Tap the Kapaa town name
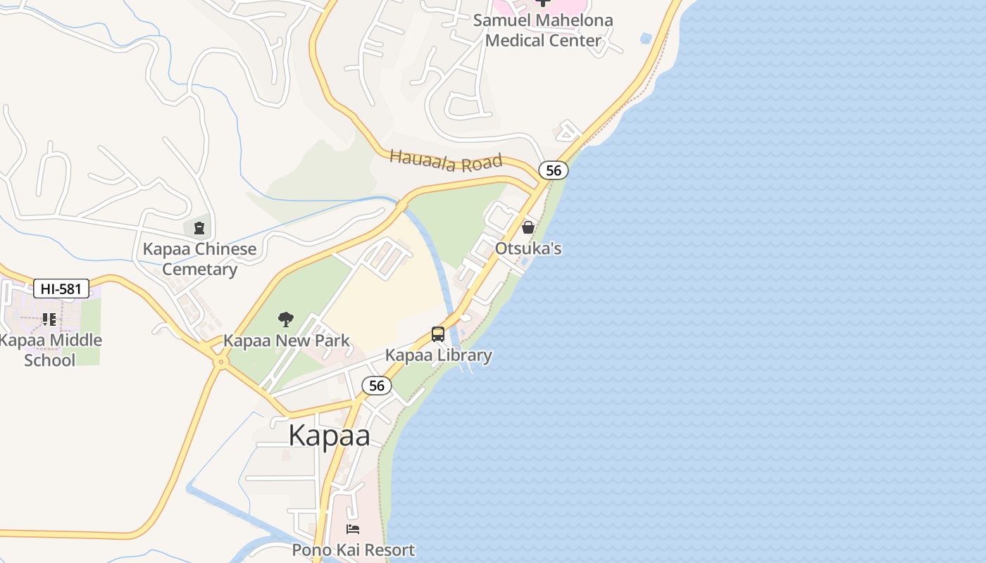(x=329, y=436)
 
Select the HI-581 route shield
(x=61, y=288)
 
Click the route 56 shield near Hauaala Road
(x=554, y=170)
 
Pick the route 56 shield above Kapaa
(x=377, y=385)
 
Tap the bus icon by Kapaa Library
(x=438, y=334)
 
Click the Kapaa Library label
(x=438, y=355)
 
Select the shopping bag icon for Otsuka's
(x=528, y=227)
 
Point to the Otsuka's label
(x=528, y=248)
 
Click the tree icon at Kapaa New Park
(x=285, y=320)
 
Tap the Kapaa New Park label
(x=286, y=341)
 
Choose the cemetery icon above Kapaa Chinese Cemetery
(x=199, y=227)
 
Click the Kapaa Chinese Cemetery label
(x=199, y=259)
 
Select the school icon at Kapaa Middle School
(x=49, y=320)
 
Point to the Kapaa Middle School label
(x=50, y=350)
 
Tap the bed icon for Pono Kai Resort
(x=353, y=529)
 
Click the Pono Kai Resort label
(x=354, y=550)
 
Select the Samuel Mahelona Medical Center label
(x=543, y=30)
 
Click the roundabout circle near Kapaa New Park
(x=221, y=362)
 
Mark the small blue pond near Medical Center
(x=646, y=37)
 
